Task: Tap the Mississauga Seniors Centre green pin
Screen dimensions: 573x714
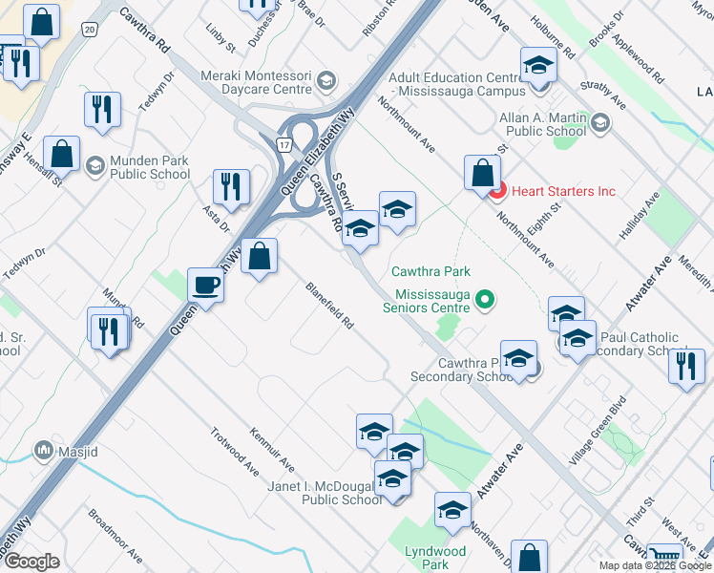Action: (485, 301)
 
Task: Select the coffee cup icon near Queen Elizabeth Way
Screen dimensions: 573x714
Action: (205, 284)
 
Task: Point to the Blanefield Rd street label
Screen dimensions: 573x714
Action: (330, 307)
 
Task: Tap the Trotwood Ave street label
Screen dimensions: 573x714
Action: (235, 451)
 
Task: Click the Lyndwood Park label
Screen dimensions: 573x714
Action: (435, 558)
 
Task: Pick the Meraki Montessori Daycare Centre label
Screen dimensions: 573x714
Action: (256, 81)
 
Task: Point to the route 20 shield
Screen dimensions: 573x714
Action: (90, 30)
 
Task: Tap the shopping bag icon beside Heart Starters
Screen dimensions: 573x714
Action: (482, 173)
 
